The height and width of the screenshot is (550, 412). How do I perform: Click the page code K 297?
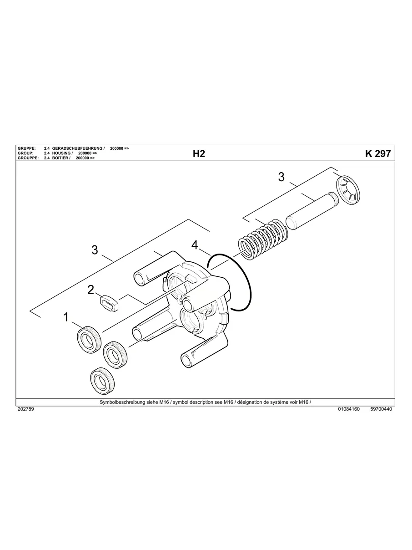pos(377,154)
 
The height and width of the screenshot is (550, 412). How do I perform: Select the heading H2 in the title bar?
pos(199,154)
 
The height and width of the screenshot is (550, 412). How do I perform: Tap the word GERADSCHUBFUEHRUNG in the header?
pos(78,149)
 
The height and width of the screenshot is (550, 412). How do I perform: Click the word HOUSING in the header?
pos(61,153)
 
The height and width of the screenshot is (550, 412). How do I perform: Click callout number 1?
pos(66,317)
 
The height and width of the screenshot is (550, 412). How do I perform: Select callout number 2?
pos(91,289)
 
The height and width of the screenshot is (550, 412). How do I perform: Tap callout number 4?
pos(195,245)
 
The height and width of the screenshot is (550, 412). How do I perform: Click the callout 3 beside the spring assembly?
pos(281,177)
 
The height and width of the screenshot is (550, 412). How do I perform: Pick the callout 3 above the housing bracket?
pos(95,250)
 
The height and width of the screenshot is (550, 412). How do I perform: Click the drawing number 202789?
pos(25,409)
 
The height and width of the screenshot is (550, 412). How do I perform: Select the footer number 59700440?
pos(381,409)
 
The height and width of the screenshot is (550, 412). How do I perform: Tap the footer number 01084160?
pos(349,409)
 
